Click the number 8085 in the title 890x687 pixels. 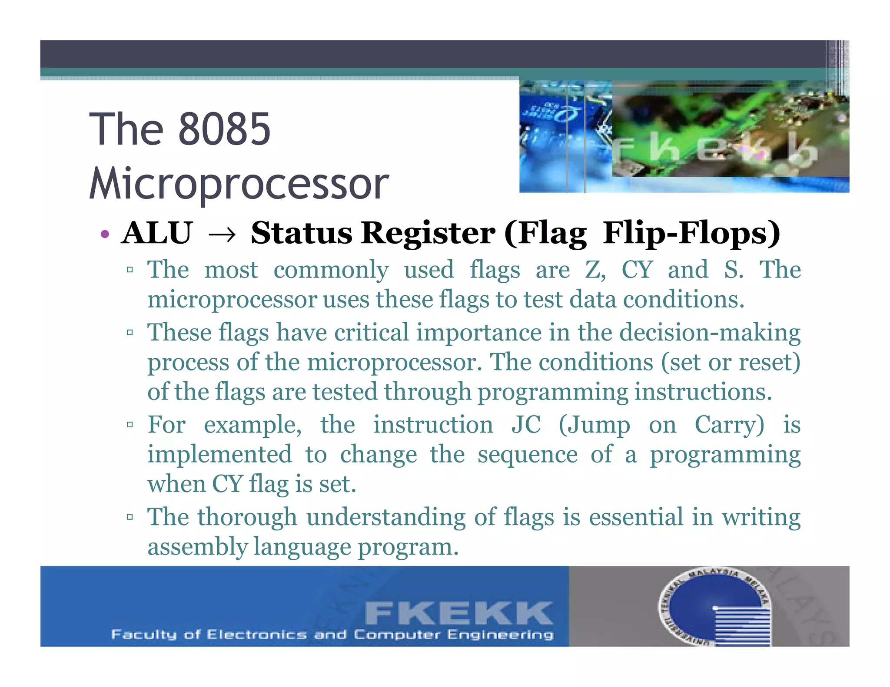click(224, 129)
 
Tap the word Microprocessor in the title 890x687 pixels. click(239, 184)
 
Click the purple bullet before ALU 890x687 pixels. click(104, 235)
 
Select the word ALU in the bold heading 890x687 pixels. click(157, 233)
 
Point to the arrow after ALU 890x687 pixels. click(222, 235)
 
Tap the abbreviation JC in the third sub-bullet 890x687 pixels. click(526, 424)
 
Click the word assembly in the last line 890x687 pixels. click(197, 547)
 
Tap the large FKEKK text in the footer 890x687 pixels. click(458, 613)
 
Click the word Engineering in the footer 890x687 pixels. click(500, 635)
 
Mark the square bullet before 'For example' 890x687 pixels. click(130, 424)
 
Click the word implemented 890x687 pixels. click(219, 455)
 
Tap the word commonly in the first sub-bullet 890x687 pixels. click(331, 270)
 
